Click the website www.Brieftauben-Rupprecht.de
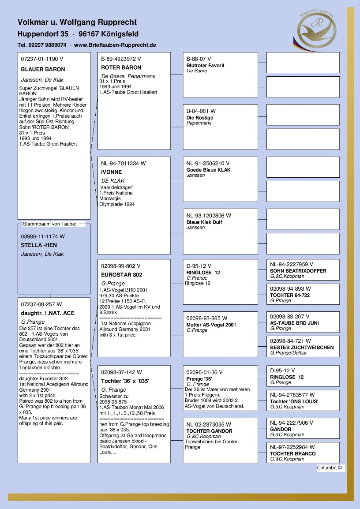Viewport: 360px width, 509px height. point(115,45)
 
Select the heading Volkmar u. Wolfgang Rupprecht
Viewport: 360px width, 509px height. point(77,22)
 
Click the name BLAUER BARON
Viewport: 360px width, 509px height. point(43,69)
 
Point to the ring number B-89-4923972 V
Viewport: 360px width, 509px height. point(121,59)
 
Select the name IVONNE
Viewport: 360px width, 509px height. point(111,172)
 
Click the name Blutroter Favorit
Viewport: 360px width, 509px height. point(205,65)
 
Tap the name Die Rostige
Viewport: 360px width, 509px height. point(199,118)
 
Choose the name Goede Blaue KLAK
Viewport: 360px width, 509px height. point(208,170)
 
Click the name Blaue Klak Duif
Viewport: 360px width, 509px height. point(204,222)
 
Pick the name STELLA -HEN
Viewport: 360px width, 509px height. point(39,245)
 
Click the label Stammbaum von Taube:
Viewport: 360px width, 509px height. point(50,224)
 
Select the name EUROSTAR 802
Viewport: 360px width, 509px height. point(122,275)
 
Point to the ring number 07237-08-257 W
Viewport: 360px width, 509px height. point(41,304)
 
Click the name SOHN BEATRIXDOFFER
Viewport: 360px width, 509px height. point(298,271)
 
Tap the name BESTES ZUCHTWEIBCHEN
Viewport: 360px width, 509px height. point(302,348)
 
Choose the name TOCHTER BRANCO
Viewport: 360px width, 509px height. point(293,454)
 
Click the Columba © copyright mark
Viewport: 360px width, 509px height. point(330,468)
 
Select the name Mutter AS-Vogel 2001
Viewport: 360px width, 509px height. point(211,325)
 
